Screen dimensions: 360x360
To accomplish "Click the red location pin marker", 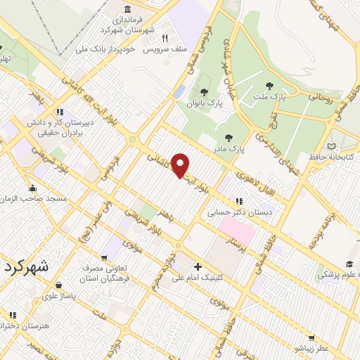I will [181, 165].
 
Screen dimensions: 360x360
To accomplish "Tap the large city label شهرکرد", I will [26, 267].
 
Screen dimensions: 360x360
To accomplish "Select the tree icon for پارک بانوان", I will [204, 91].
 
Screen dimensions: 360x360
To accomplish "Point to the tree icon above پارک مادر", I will [227, 138].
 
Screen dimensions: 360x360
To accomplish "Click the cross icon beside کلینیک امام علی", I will [198, 266].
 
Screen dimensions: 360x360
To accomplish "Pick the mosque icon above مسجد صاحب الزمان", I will [32, 188].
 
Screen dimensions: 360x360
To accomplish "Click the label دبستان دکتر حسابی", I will [229, 211].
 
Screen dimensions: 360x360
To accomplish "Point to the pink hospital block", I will [236, 228].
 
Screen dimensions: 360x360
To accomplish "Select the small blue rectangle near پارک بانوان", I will [181, 91].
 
